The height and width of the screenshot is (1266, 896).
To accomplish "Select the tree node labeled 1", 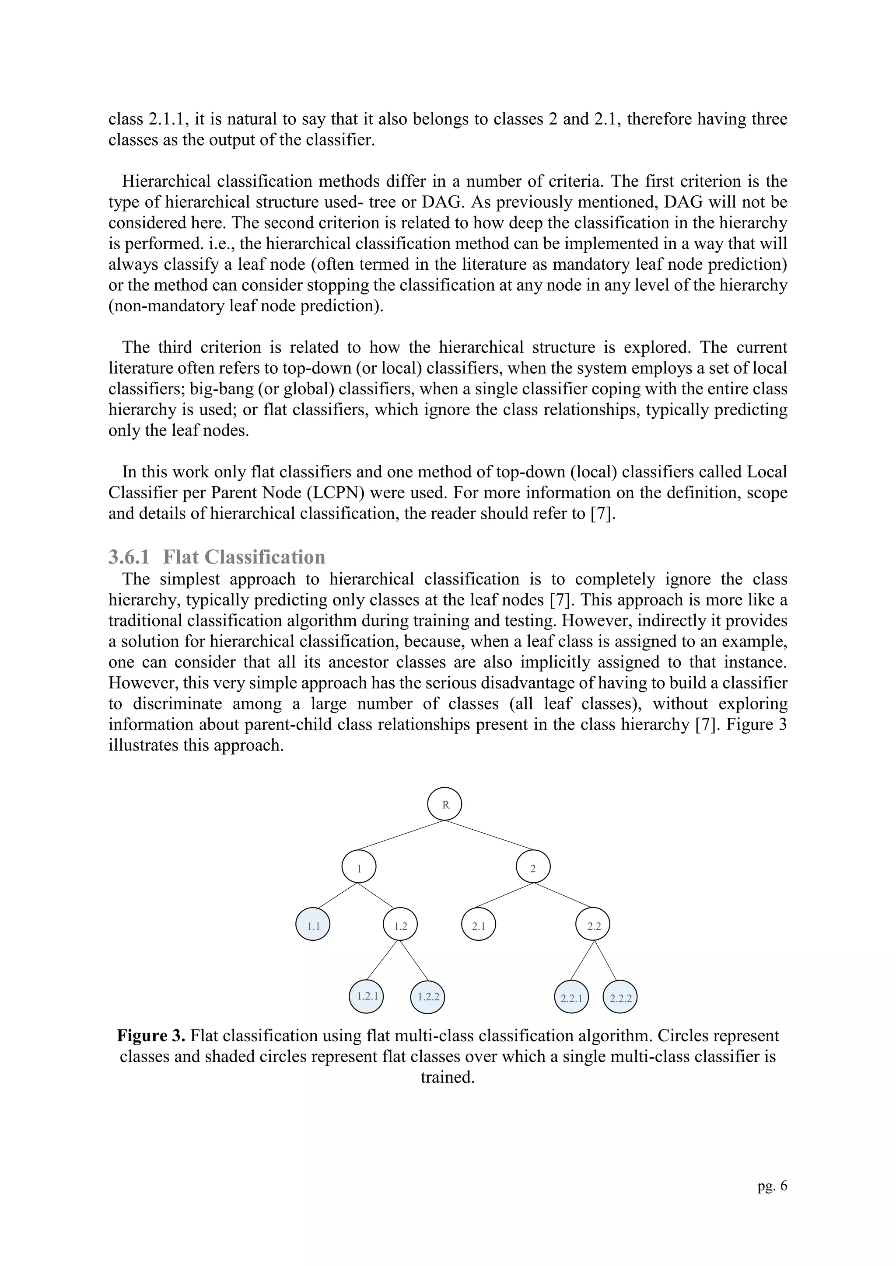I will point(359,868).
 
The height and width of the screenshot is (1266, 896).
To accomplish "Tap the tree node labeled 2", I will point(533,868).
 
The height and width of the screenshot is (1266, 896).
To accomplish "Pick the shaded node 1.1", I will point(313,926).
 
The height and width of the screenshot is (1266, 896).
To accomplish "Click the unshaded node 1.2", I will point(400,926).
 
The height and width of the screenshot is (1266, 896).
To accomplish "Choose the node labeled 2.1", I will point(478,926).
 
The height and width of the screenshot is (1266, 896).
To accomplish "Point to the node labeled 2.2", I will point(593,926).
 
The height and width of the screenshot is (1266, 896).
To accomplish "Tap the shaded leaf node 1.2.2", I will point(428,996).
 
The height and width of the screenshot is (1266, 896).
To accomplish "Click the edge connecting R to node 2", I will point(489,835).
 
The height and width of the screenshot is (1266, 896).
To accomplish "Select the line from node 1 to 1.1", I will point(338,895).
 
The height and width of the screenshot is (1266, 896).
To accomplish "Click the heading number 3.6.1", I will point(129,557).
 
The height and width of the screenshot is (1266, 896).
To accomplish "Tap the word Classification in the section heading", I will point(264,557).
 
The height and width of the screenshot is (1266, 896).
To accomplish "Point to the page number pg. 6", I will point(773,1186).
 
